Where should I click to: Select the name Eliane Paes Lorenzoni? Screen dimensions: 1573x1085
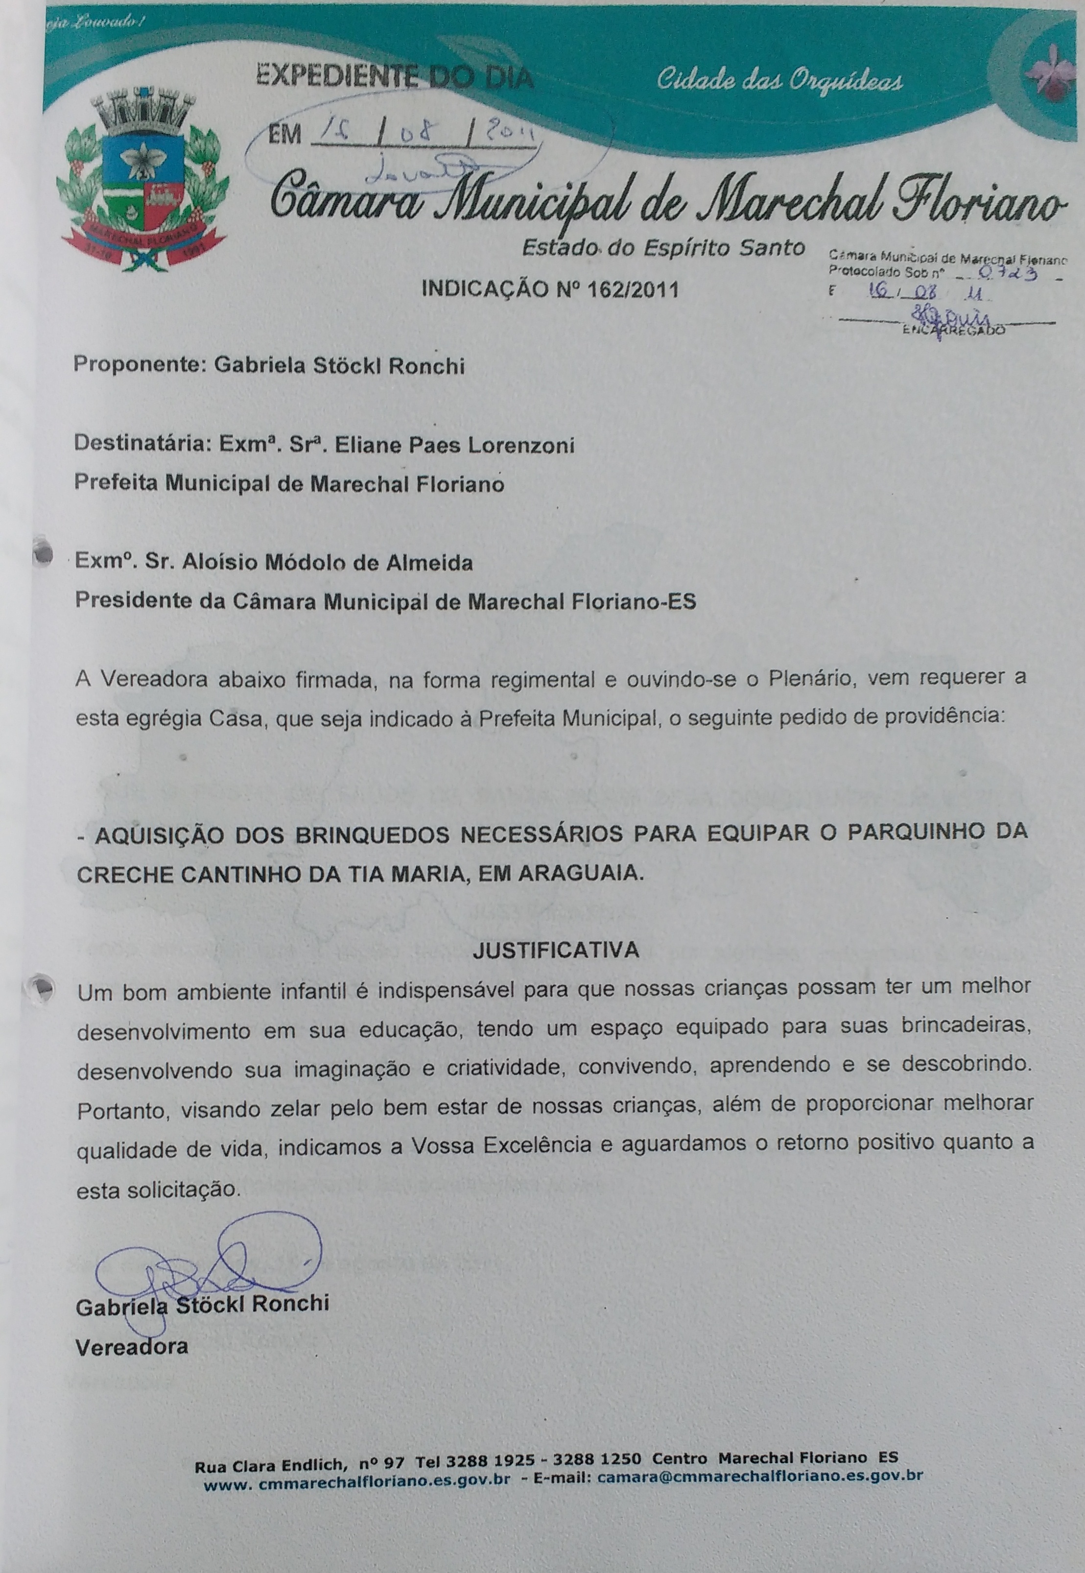coord(455,445)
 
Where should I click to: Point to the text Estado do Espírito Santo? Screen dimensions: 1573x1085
coord(663,248)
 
